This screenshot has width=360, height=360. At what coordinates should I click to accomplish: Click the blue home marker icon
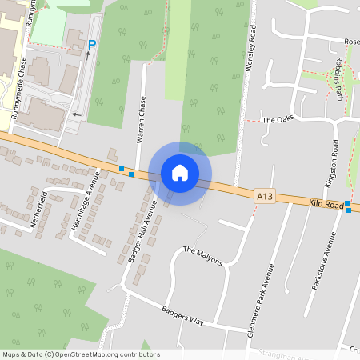(180, 172)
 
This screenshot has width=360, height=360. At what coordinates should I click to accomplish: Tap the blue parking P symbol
(92, 45)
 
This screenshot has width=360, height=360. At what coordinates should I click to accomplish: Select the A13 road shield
(266, 194)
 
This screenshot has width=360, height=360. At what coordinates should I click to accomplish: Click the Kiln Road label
(326, 206)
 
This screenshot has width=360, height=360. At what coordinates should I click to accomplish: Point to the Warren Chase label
(142, 121)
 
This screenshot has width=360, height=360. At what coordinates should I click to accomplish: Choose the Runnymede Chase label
(24, 80)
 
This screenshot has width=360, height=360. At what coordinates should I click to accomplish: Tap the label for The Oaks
(274, 119)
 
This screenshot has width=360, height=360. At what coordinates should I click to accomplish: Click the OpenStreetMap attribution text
(81, 354)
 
